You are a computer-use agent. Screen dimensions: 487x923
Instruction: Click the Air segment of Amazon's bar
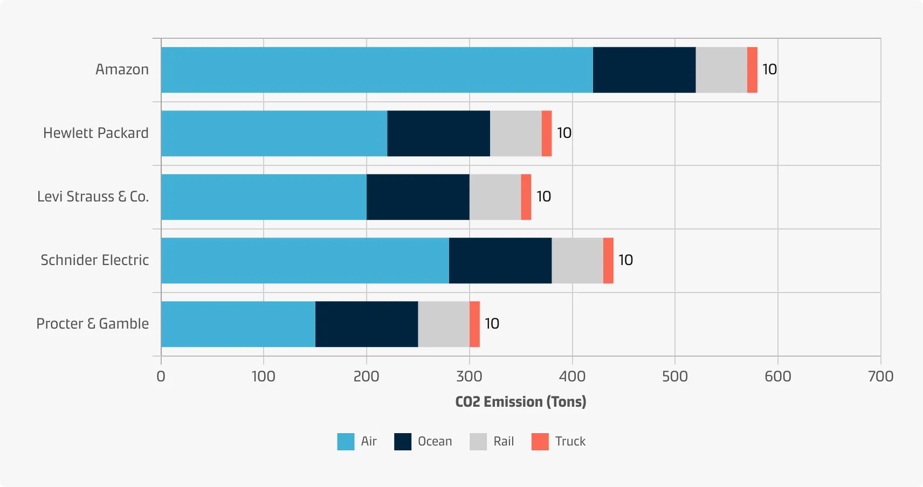tap(376, 69)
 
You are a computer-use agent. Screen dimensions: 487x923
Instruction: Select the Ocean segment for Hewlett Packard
tap(438, 133)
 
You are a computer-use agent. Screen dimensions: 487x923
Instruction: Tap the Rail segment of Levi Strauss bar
tap(495, 197)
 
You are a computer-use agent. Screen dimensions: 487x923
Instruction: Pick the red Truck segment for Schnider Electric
tap(608, 260)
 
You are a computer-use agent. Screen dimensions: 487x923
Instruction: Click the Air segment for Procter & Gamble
tap(238, 324)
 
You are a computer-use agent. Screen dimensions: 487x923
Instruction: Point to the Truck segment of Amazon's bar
tap(752, 69)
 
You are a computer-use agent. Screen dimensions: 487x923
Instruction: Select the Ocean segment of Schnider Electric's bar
tap(500, 260)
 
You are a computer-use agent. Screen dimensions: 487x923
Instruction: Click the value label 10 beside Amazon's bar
tap(769, 69)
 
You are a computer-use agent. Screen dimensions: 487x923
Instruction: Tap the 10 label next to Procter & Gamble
tap(492, 324)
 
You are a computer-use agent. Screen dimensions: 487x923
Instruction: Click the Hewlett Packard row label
tap(95, 133)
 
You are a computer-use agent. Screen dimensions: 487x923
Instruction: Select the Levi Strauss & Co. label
tap(93, 197)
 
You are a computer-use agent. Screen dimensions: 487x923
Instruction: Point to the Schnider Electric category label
tap(94, 260)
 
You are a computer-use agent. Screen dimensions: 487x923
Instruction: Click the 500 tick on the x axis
tap(674, 376)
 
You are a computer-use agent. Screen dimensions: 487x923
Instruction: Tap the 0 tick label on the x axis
tap(161, 376)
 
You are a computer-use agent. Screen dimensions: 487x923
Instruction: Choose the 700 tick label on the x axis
tap(880, 376)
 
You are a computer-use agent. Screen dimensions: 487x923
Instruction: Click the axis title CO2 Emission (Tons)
tap(520, 402)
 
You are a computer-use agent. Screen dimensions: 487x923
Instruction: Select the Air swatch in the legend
tap(346, 442)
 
